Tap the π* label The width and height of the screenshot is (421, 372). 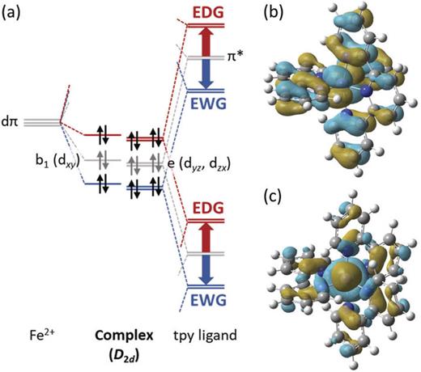pos(238,59)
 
